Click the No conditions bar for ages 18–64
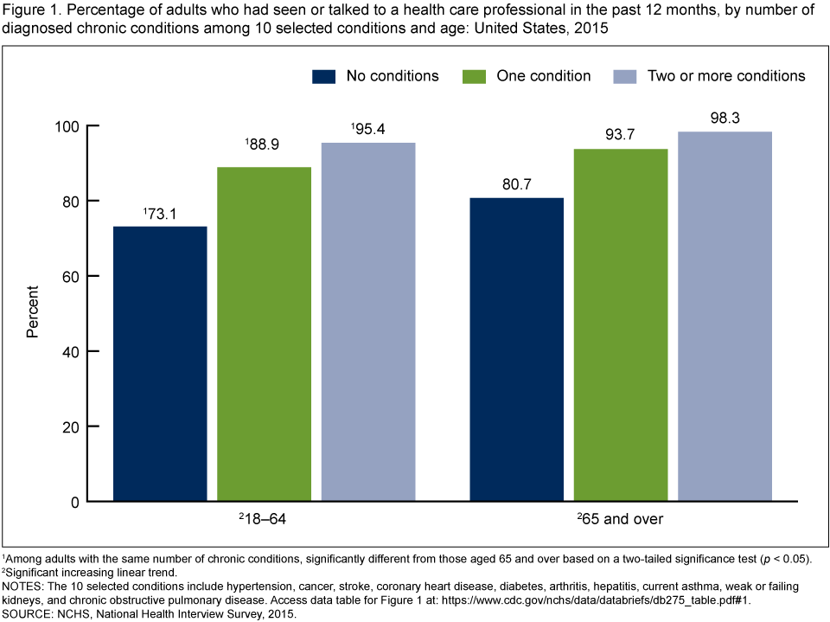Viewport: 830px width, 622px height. point(160,363)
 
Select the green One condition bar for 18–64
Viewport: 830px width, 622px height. point(264,334)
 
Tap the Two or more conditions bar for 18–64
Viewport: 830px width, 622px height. point(368,322)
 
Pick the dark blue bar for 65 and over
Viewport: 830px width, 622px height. point(516,349)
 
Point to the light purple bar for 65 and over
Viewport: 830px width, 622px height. point(725,316)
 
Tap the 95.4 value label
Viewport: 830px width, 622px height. point(369,128)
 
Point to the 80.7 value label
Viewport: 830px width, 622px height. point(517,183)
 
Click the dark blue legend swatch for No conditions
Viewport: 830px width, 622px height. point(323,76)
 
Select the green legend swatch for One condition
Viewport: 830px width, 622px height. point(475,76)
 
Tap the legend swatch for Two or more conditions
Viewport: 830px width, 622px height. point(624,76)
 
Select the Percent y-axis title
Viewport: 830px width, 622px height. point(32,313)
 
